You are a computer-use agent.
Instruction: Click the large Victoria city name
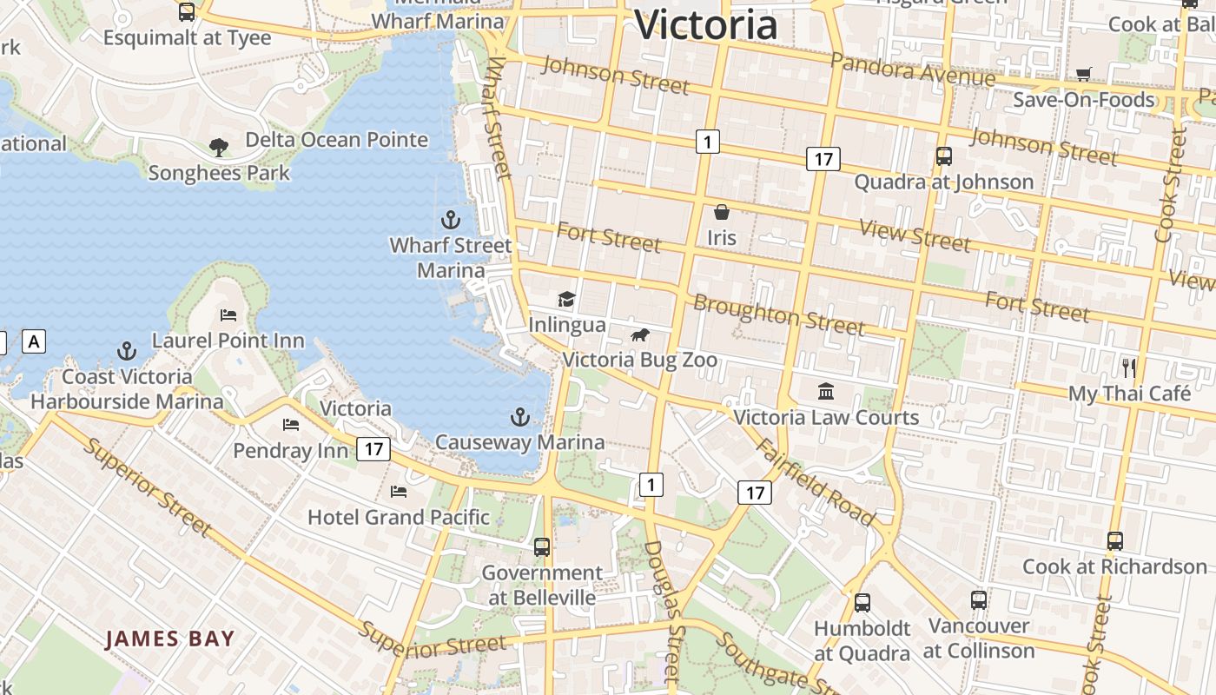[x=705, y=24]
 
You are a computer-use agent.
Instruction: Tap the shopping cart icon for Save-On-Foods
[x=1083, y=74]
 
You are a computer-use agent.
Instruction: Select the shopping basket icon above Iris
[x=721, y=211]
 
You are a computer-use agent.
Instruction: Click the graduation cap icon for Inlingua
[x=566, y=300]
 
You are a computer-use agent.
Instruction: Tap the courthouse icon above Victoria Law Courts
[x=826, y=392]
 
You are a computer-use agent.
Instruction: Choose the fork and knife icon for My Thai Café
[x=1128, y=367]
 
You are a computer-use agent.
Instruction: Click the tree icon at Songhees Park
[x=219, y=148]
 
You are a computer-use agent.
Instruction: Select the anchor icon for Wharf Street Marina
[x=450, y=219]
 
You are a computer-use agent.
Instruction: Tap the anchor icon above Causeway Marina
[x=519, y=417]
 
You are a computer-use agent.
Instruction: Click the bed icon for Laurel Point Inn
[x=228, y=314]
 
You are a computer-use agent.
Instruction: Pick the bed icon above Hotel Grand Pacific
[x=399, y=492]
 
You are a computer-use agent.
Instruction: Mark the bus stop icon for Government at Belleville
[x=542, y=547]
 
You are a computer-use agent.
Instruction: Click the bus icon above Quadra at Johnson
[x=943, y=156]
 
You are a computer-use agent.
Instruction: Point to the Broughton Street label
[x=778, y=314]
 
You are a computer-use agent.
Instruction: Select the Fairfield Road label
[x=815, y=482]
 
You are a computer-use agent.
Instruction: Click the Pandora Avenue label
[x=912, y=69]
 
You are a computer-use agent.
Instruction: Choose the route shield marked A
[x=34, y=341]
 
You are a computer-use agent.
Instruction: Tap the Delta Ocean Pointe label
[x=336, y=140]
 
